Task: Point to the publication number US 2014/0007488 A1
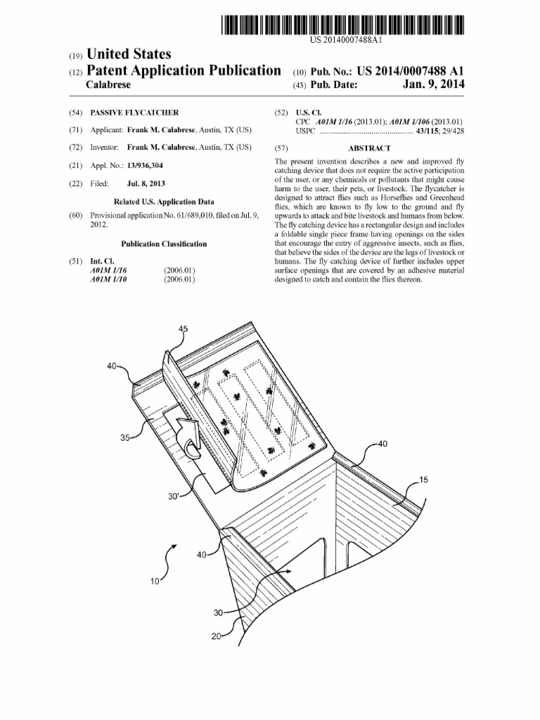[411, 71]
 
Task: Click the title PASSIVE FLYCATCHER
[134, 112]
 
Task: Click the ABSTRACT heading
[368, 148]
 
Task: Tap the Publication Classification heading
[164, 244]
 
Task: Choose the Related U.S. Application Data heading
[164, 202]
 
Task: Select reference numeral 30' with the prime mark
[174, 496]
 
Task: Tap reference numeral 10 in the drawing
[155, 582]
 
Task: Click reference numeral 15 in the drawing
[423, 480]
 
